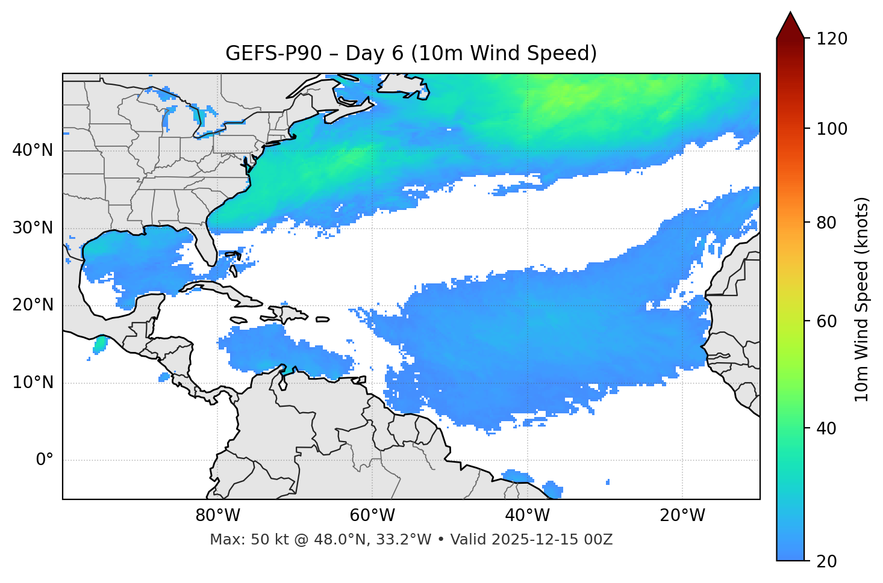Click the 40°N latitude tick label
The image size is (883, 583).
33,150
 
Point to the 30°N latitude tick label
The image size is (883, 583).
33,228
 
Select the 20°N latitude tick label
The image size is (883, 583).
33,305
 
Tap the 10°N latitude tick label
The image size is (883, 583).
33,383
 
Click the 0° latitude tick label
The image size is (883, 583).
45,460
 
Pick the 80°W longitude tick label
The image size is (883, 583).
217,516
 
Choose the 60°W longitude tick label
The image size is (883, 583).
372,516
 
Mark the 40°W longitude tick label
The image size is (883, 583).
528,516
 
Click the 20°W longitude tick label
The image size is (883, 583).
682,516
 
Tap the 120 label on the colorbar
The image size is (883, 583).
832,39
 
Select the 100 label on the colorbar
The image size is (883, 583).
832,129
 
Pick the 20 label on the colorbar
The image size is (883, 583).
826,561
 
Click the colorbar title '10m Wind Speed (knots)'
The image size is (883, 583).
862,299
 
